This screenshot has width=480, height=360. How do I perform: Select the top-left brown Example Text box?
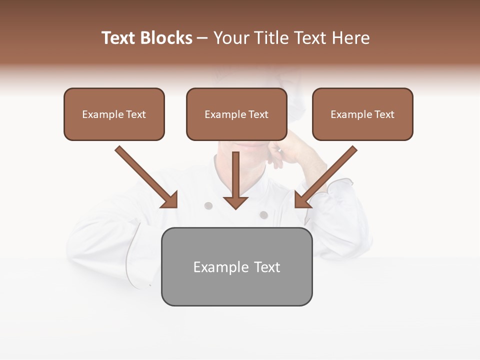pos(114,114)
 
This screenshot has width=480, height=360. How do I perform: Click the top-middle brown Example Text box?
pos(236,114)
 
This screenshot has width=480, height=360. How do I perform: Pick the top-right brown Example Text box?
pos(362,114)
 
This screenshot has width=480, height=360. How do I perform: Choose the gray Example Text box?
pos(236,266)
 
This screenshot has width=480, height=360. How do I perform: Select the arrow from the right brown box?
pos(330,172)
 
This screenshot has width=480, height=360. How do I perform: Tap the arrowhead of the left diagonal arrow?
pos(170,200)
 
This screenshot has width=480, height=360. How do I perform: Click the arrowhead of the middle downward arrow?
pos(235,202)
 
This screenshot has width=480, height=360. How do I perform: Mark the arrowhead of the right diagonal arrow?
pos(302,199)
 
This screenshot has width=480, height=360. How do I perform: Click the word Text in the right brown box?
pos(384,114)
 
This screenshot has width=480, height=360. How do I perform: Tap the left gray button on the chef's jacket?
pos(208,205)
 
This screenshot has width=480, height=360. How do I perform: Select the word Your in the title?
pos(231,38)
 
